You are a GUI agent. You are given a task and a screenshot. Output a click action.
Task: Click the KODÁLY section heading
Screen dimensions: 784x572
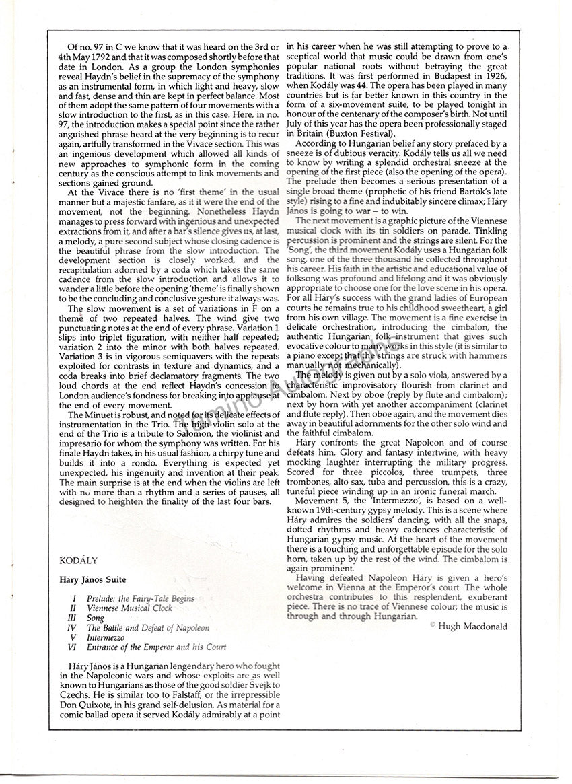tap(76, 560)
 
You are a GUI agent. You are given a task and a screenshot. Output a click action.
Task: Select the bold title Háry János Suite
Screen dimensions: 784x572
tap(90, 579)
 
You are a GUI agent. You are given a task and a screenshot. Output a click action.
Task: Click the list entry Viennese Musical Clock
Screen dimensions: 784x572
tap(129, 608)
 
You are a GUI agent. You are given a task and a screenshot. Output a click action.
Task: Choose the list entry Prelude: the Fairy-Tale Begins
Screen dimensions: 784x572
tap(141, 598)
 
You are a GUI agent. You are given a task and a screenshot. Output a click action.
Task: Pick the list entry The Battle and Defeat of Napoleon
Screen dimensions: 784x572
tap(148, 628)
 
